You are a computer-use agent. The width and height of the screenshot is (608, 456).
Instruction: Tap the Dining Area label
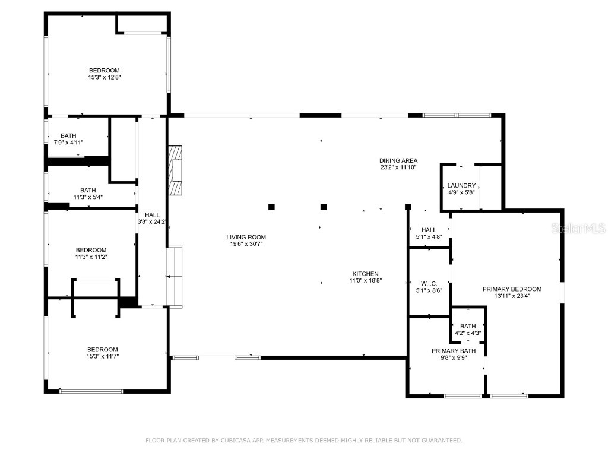pyautogui.click(x=398, y=160)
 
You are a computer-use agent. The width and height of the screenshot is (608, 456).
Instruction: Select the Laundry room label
pyautogui.click(x=461, y=185)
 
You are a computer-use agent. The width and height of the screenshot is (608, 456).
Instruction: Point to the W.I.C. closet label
pyautogui.click(x=429, y=283)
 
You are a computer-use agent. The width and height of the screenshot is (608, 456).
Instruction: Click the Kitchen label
pyautogui.click(x=365, y=273)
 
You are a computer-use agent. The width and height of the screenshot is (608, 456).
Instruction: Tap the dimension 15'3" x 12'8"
pyautogui.click(x=104, y=77)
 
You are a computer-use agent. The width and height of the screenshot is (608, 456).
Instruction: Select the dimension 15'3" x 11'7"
pyautogui.click(x=102, y=356)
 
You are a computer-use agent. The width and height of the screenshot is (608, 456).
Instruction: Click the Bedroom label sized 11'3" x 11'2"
pyautogui.click(x=91, y=249)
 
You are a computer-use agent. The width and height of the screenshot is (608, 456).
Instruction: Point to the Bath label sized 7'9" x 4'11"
pyautogui.click(x=68, y=136)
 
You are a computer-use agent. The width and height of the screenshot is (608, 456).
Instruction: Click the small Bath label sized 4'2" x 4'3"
pyautogui.click(x=468, y=326)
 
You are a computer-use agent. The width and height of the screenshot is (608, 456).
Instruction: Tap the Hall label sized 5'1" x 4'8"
pyautogui.click(x=429, y=230)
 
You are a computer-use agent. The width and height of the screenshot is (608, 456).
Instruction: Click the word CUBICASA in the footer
pyautogui.click(x=234, y=441)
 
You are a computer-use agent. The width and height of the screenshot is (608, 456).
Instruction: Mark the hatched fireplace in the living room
pyautogui.click(x=176, y=170)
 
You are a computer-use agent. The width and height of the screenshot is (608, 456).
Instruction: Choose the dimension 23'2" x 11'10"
pyautogui.click(x=398, y=167)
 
